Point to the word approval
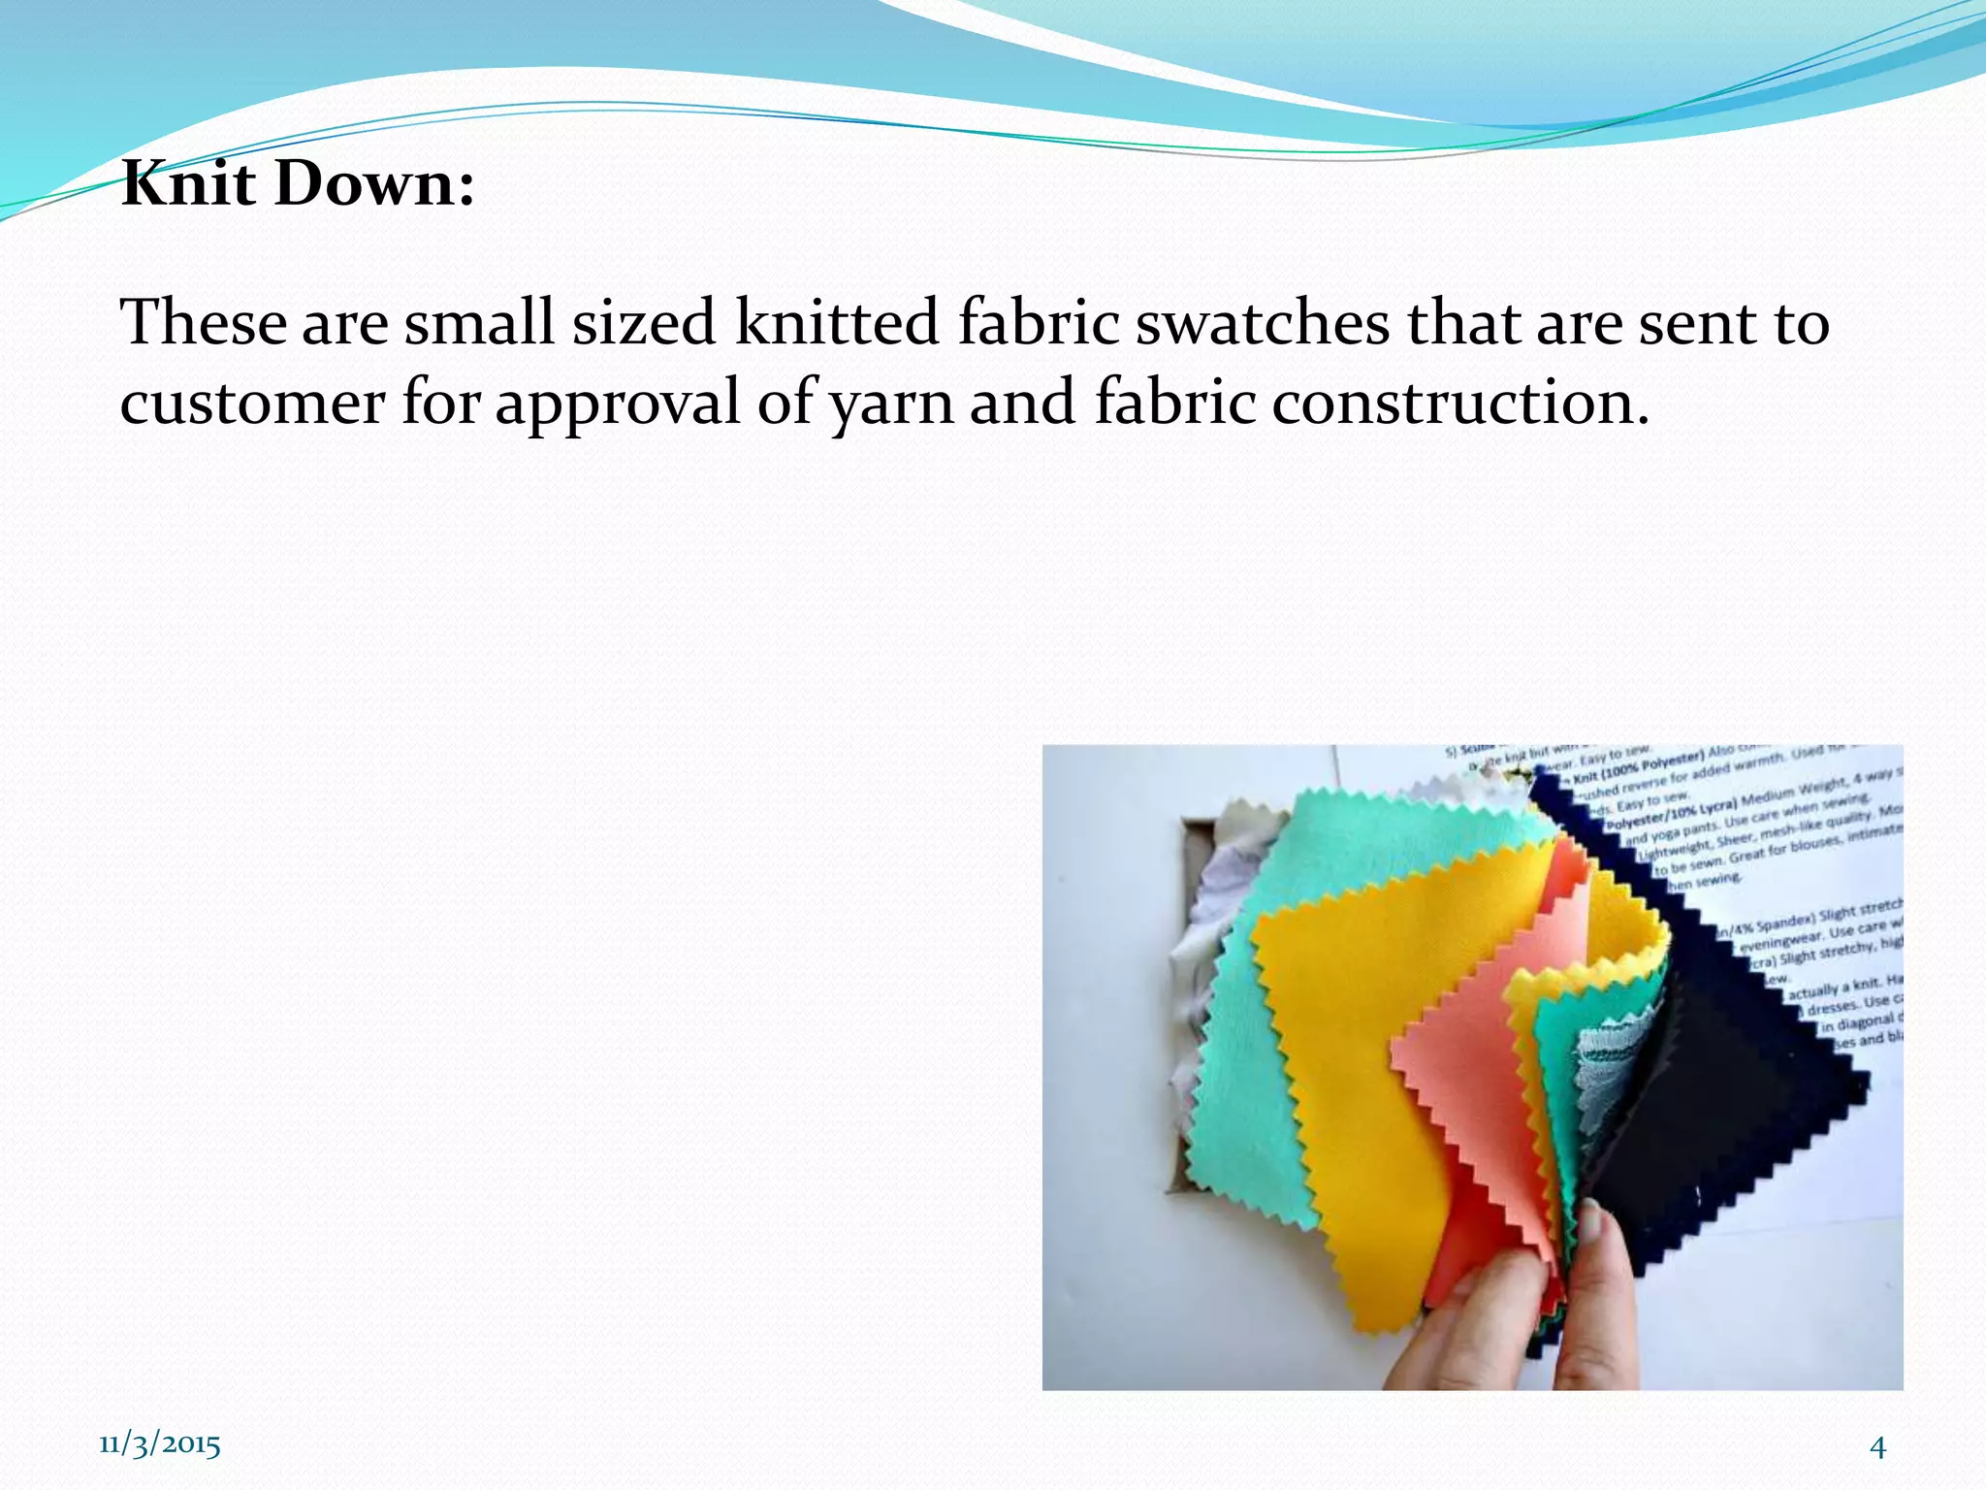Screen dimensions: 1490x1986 (x=618, y=404)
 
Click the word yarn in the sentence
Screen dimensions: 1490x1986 (x=892, y=404)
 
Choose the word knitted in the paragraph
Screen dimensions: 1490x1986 (x=837, y=322)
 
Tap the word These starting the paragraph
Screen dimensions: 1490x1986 (x=203, y=322)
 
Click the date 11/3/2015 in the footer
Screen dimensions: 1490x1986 (x=160, y=1444)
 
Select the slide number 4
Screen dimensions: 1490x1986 (x=1877, y=1447)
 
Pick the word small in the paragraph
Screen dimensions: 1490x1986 (x=479, y=322)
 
